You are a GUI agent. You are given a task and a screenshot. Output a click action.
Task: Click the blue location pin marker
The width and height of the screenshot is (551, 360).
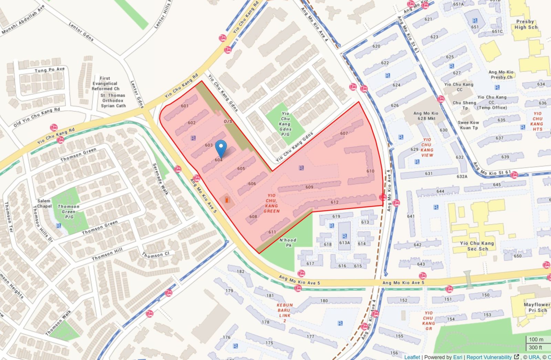coord(221,148)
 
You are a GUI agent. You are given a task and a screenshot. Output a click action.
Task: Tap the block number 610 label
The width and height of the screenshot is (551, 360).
coord(370,171)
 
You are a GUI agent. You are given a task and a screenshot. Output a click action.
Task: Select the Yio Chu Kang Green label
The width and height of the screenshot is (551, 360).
coord(271,203)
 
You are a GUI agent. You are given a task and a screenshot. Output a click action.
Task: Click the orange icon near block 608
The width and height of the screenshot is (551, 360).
coord(227,200)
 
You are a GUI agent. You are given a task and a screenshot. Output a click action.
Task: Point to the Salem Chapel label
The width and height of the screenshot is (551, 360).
coord(44,203)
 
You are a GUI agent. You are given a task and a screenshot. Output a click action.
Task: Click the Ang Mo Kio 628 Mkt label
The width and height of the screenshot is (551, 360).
coord(426,116)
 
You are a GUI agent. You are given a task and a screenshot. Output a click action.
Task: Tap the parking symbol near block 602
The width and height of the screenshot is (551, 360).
coord(193,138)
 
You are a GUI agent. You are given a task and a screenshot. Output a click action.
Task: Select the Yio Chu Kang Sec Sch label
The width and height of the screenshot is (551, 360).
coord(477,246)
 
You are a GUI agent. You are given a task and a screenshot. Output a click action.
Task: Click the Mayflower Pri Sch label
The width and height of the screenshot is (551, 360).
coord(537,307)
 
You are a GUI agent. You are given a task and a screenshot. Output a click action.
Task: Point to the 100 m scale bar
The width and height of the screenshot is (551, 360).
coord(536,339)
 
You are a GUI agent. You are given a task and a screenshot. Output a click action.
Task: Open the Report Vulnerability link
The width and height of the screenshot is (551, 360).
coord(489,357)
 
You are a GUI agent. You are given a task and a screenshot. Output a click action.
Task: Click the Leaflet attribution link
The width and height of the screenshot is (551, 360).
coord(412,357)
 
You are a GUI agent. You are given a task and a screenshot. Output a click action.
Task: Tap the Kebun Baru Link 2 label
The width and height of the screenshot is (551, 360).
coord(285,313)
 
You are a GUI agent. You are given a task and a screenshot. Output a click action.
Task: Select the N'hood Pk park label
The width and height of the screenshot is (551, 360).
coord(288,242)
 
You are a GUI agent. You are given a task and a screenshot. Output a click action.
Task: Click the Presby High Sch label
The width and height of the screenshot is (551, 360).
coord(526,24)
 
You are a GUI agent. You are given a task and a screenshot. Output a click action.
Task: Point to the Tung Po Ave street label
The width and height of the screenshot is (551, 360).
coord(50,70)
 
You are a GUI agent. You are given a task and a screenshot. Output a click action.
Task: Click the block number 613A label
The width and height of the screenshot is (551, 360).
coord(344,243)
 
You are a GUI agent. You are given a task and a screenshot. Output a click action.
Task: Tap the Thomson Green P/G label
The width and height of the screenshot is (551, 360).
coord(69,212)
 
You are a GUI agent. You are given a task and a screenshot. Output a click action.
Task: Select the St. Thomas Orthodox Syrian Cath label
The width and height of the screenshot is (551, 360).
coord(113,100)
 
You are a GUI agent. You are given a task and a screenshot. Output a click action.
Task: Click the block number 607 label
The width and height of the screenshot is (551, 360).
coord(344,133)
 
